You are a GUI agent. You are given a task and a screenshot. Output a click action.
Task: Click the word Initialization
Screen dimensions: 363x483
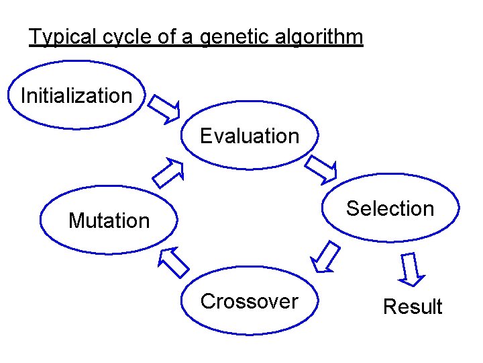pos(76,95)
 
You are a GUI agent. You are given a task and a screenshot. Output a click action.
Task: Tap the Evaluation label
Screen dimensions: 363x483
pos(250,136)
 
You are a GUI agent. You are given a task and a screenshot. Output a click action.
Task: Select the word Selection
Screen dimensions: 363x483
pos(390,208)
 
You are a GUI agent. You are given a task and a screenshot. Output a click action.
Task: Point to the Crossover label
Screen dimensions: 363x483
pos(249,301)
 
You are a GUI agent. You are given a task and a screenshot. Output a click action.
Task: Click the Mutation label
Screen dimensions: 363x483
pos(109,220)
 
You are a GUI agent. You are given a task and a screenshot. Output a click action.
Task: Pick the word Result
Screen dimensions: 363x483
pos(413,307)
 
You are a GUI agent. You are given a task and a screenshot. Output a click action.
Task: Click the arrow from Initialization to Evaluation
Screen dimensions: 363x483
pos(164,109)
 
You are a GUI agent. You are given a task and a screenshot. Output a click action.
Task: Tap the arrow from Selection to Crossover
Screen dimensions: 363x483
pos(325,257)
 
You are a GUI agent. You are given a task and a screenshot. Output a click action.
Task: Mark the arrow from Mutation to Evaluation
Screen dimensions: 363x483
pos(168,173)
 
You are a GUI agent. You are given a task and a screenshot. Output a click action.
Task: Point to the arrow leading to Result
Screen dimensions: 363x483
pos(411,269)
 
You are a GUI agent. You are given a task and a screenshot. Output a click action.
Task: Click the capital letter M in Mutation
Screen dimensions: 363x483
pos(76,220)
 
